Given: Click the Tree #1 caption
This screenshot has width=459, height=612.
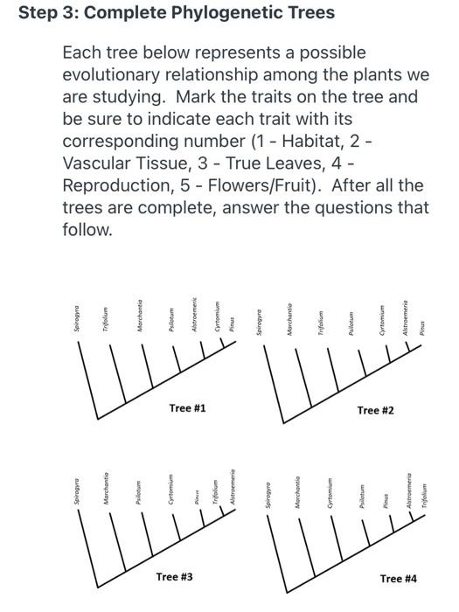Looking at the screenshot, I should pyautogui.click(x=188, y=407).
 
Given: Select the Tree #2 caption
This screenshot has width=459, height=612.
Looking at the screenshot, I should pyautogui.click(x=375, y=409).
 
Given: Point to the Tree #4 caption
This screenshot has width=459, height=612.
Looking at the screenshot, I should pyautogui.click(x=399, y=578).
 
